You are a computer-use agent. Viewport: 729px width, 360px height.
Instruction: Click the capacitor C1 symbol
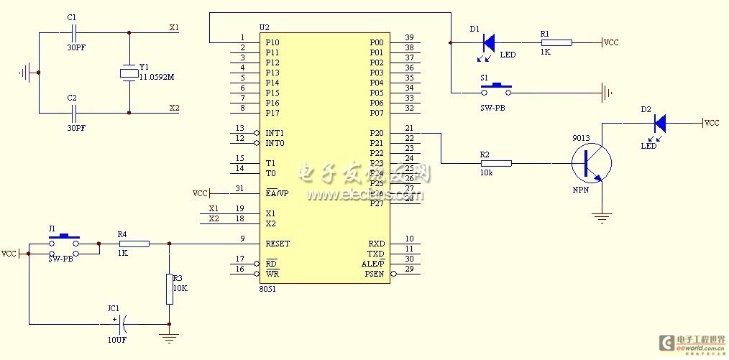[73, 32]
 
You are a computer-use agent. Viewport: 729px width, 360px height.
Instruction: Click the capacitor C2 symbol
[73, 112]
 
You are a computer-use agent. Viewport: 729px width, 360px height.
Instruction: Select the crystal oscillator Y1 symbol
[129, 73]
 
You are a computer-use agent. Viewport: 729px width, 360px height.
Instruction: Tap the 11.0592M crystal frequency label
[157, 77]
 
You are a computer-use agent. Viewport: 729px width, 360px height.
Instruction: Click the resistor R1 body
[556, 42]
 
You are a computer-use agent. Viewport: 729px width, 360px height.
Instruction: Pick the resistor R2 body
[496, 163]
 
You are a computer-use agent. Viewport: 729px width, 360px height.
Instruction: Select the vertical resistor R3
[169, 288]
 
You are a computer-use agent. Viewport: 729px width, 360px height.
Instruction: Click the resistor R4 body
[134, 244]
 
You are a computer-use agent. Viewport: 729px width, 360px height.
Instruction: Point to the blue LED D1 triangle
[488, 42]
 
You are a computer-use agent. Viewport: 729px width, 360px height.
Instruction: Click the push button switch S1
[496, 90]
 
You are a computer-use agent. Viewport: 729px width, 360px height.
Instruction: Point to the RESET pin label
[278, 244]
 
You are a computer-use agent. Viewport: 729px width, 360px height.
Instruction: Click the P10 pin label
[272, 42]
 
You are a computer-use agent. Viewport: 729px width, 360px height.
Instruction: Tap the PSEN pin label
[375, 274]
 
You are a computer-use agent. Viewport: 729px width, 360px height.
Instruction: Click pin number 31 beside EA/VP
[239, 189]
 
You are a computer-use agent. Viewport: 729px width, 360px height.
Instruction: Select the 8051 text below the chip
[267, 289]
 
